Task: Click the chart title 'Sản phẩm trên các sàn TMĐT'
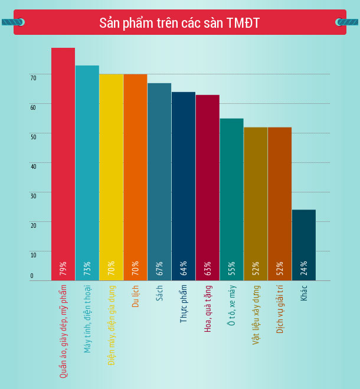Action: (x=179, y=23)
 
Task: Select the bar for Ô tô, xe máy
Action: (x=231, y=195)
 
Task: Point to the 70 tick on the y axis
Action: (x=34, y=78)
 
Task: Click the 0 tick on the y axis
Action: (x=32, y=276)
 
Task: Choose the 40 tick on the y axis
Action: (x=34, y=166)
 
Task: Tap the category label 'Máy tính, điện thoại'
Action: (x=87, y=319)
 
